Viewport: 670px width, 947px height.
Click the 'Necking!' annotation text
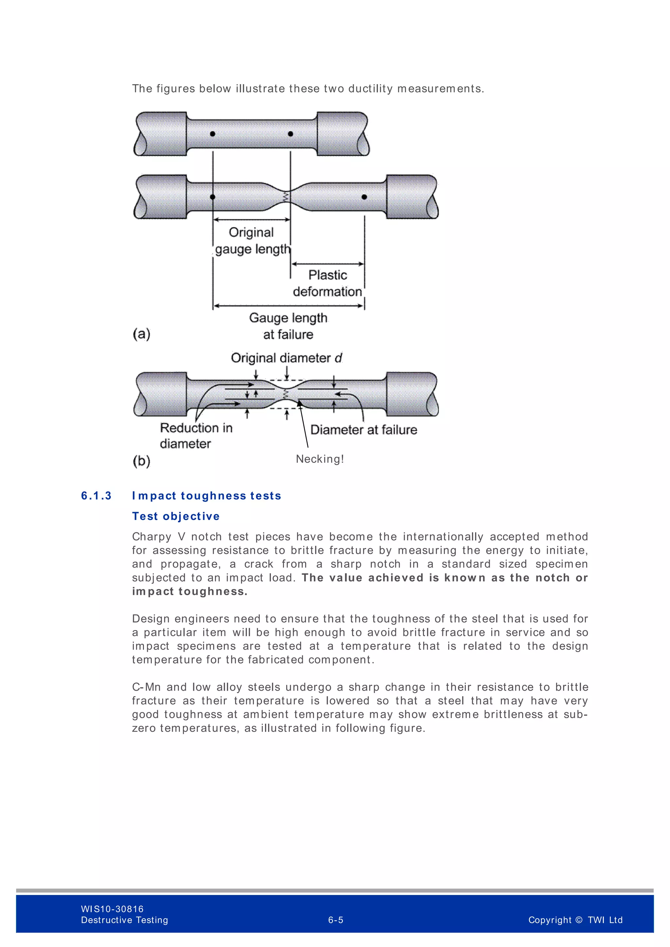pyautogui.click(x=320, y=459)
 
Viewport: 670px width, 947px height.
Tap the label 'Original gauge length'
pyautogui.click(x=252, y=241)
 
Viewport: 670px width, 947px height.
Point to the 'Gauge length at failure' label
pyautogui.click(x=288, y=326)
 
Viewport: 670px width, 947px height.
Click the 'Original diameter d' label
pyautogui.click(x=286, y=358)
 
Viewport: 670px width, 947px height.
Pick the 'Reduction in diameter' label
pyautogui.click(x=196, y=436)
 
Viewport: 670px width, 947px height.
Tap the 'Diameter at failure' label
pyautogui.click(x=363, y=430)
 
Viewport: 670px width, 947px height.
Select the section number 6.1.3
pyautogui.click(x=96, y=496)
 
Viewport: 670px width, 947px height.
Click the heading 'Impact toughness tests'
pyautogui.click(x=207, y=496)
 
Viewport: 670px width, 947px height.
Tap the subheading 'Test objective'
pyautogui.click(x=176, y=516)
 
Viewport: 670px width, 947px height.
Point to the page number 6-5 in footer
pyautogui.click(x=335, y=920)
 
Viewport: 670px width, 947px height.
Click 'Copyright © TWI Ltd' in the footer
pyautogui.click(x=575, y=920)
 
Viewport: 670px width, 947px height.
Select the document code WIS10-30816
pyautogui.click(x=112, y=909)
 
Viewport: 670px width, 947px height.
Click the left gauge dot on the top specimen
pyautogui.click(x=212, y=134)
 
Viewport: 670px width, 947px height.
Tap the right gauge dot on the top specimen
pyautogui.click(x=291, y=134)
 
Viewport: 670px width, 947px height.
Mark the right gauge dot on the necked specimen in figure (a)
pyautogui.click(x=364, y=197)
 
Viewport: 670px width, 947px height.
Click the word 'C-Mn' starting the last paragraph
pyautogui.click(x=146, y=687)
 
